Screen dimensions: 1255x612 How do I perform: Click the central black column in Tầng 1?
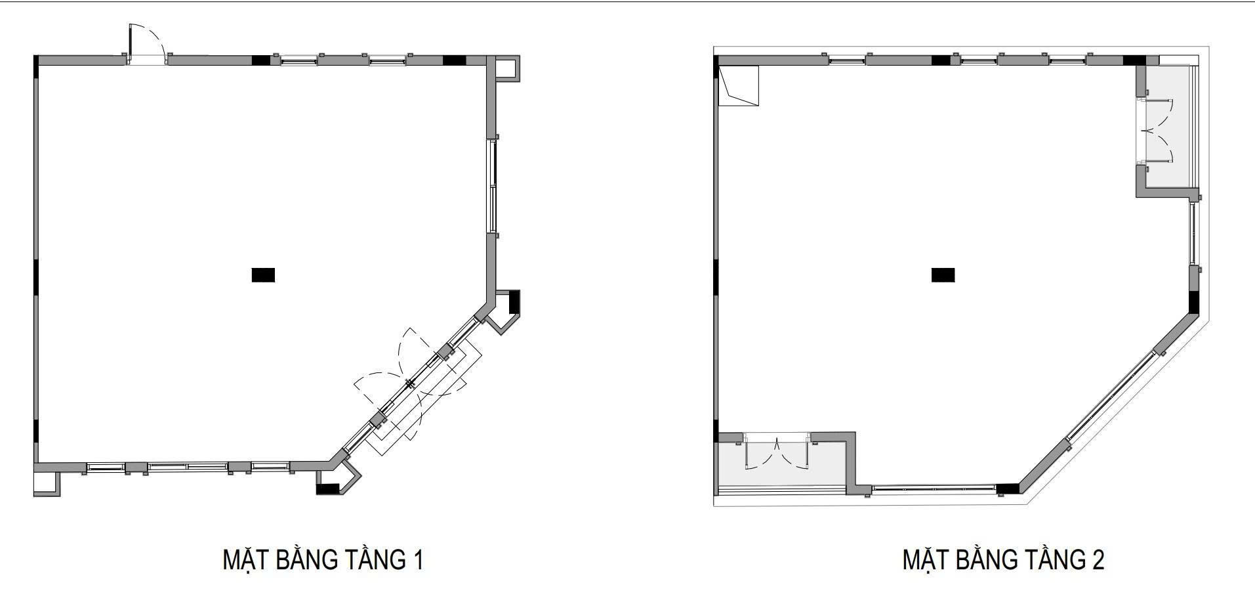(x=263, y=274)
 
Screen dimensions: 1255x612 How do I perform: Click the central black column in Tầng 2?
(x=943, y=274)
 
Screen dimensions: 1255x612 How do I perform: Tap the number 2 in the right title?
(x=1098, y=560)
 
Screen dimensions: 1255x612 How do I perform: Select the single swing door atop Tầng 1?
(x=146, y=44)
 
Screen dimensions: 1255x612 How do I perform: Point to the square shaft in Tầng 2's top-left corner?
(x=739, y=86)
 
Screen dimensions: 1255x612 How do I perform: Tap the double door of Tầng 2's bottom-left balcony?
(x=777, y=452)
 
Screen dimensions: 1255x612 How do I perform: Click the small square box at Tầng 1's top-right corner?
(x=506, y=68)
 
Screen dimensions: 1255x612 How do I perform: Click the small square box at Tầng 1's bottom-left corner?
(x=47, y=483)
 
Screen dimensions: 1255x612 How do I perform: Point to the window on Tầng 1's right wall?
(x=492, y=186)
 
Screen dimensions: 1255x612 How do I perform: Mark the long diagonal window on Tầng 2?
(x=1111, y=395)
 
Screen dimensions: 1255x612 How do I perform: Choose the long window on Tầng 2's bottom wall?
(x=934, y=488)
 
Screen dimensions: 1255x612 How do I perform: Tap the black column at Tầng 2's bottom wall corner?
(x=1008, y=489)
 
